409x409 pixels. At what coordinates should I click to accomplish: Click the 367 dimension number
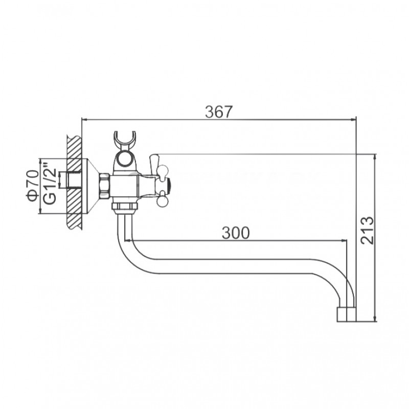coord(218,111)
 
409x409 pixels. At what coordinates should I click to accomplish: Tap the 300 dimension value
coord(236,233)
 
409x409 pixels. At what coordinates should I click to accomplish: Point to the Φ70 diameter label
coord(33,186)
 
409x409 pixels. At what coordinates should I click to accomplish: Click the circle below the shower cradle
coord(124,158)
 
